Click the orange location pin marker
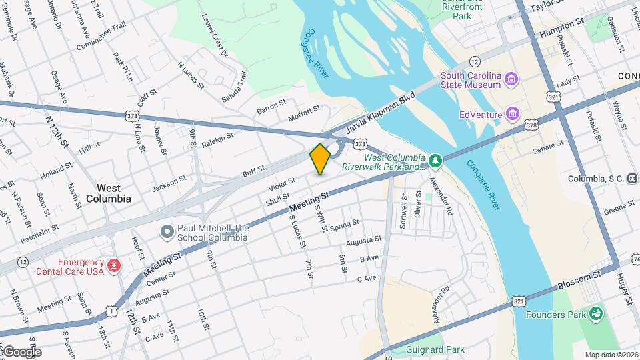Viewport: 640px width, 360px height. (x=320, y=159)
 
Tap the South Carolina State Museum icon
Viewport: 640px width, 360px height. (x=511, y=80)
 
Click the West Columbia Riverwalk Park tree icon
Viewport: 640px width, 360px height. (x=435, y=160)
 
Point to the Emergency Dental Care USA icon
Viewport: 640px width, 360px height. (x=114, y=267)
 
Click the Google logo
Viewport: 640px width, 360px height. (x=21, y=351)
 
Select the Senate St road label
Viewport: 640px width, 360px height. (x=549, y=147)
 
